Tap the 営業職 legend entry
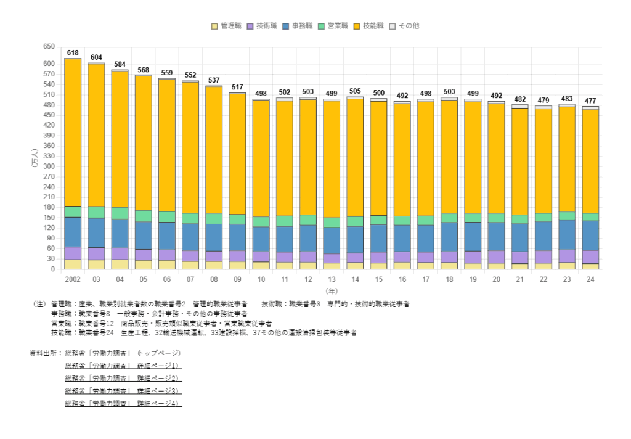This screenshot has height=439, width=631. pyautogui.click(x=335, y=26)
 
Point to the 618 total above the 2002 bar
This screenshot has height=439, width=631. pyautogui.click(x=73, y=53)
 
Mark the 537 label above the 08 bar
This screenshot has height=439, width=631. pyautogui.click(x=214, y=81)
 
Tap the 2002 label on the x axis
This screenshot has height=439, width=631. pyautogui.click(x=73, y=279)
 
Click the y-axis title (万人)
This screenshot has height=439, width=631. pyautogui.click(x=35, y=158)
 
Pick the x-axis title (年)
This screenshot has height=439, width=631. pyautogui.click(x=332, y=290)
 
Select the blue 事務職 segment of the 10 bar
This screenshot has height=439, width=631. pyautogui.click(x=261, y=239)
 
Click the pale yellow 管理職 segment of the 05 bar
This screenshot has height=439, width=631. pyautogui.click(x=144, y=265)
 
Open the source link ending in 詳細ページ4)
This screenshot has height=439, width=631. pyautogui.click(x=123, y=403)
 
